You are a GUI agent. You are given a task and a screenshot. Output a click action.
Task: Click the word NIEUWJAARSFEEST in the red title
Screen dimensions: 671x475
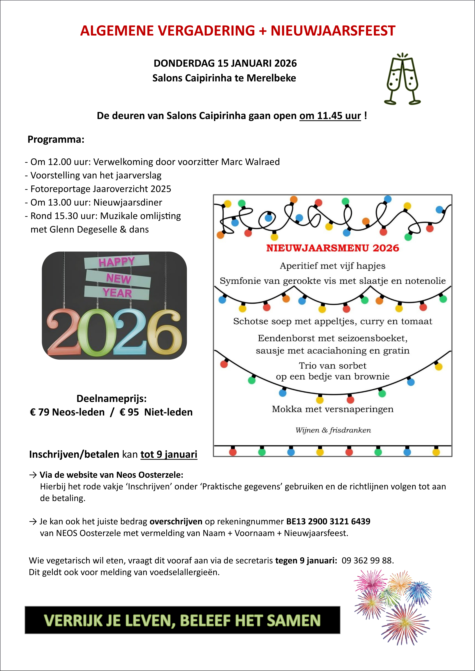click(x=333, y=31)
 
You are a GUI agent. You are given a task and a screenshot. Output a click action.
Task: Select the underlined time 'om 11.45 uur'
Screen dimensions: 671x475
click(x=330, y=116)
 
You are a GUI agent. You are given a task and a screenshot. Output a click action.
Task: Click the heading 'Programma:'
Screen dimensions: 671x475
click(x=56, y=140)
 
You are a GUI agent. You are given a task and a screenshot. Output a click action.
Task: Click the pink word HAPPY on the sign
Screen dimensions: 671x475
click(x=116, y=262)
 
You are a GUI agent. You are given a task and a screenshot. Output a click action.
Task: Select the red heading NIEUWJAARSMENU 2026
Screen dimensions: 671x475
click(x=333, y=248)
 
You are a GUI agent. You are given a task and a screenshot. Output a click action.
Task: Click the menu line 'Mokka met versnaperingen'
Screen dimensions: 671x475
click(x=333, y=409)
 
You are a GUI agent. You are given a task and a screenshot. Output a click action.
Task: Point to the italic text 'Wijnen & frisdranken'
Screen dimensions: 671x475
click(x=333, y=430)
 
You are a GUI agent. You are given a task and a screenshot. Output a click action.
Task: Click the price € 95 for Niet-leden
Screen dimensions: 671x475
click(x=129, y=412)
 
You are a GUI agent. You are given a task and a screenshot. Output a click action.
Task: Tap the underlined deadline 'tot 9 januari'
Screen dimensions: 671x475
click(x=169, y=455)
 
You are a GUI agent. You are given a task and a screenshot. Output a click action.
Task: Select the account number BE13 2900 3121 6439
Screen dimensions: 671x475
click(x=328, y=521)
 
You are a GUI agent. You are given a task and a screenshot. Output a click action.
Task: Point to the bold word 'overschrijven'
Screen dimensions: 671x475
click(x=176, y=521)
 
